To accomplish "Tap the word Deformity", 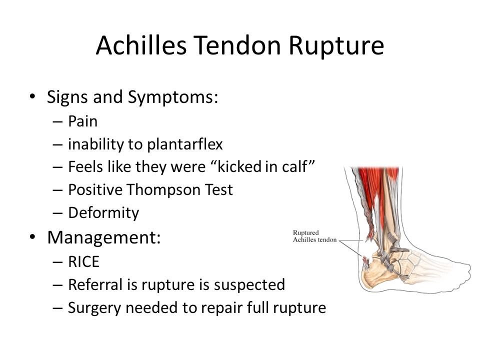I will [104, 213].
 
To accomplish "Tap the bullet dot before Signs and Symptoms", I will [32, 97].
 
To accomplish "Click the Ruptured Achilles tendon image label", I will [313, 235].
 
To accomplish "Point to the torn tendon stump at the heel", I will [364, 260].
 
